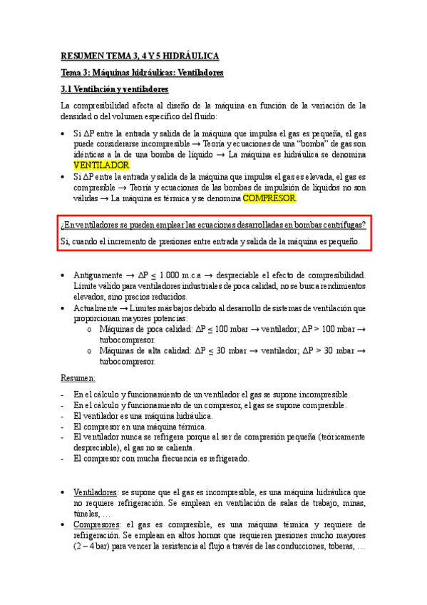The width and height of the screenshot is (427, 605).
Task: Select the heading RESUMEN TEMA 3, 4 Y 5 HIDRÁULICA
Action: click(140, 56)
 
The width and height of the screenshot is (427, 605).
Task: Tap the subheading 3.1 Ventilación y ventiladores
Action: click(115, 89)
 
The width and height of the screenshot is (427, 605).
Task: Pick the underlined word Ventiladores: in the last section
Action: click(96, 492)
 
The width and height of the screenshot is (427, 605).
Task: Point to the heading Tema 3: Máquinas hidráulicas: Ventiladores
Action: click(143, 73)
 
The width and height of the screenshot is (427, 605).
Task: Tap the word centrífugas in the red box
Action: click(341, 225)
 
